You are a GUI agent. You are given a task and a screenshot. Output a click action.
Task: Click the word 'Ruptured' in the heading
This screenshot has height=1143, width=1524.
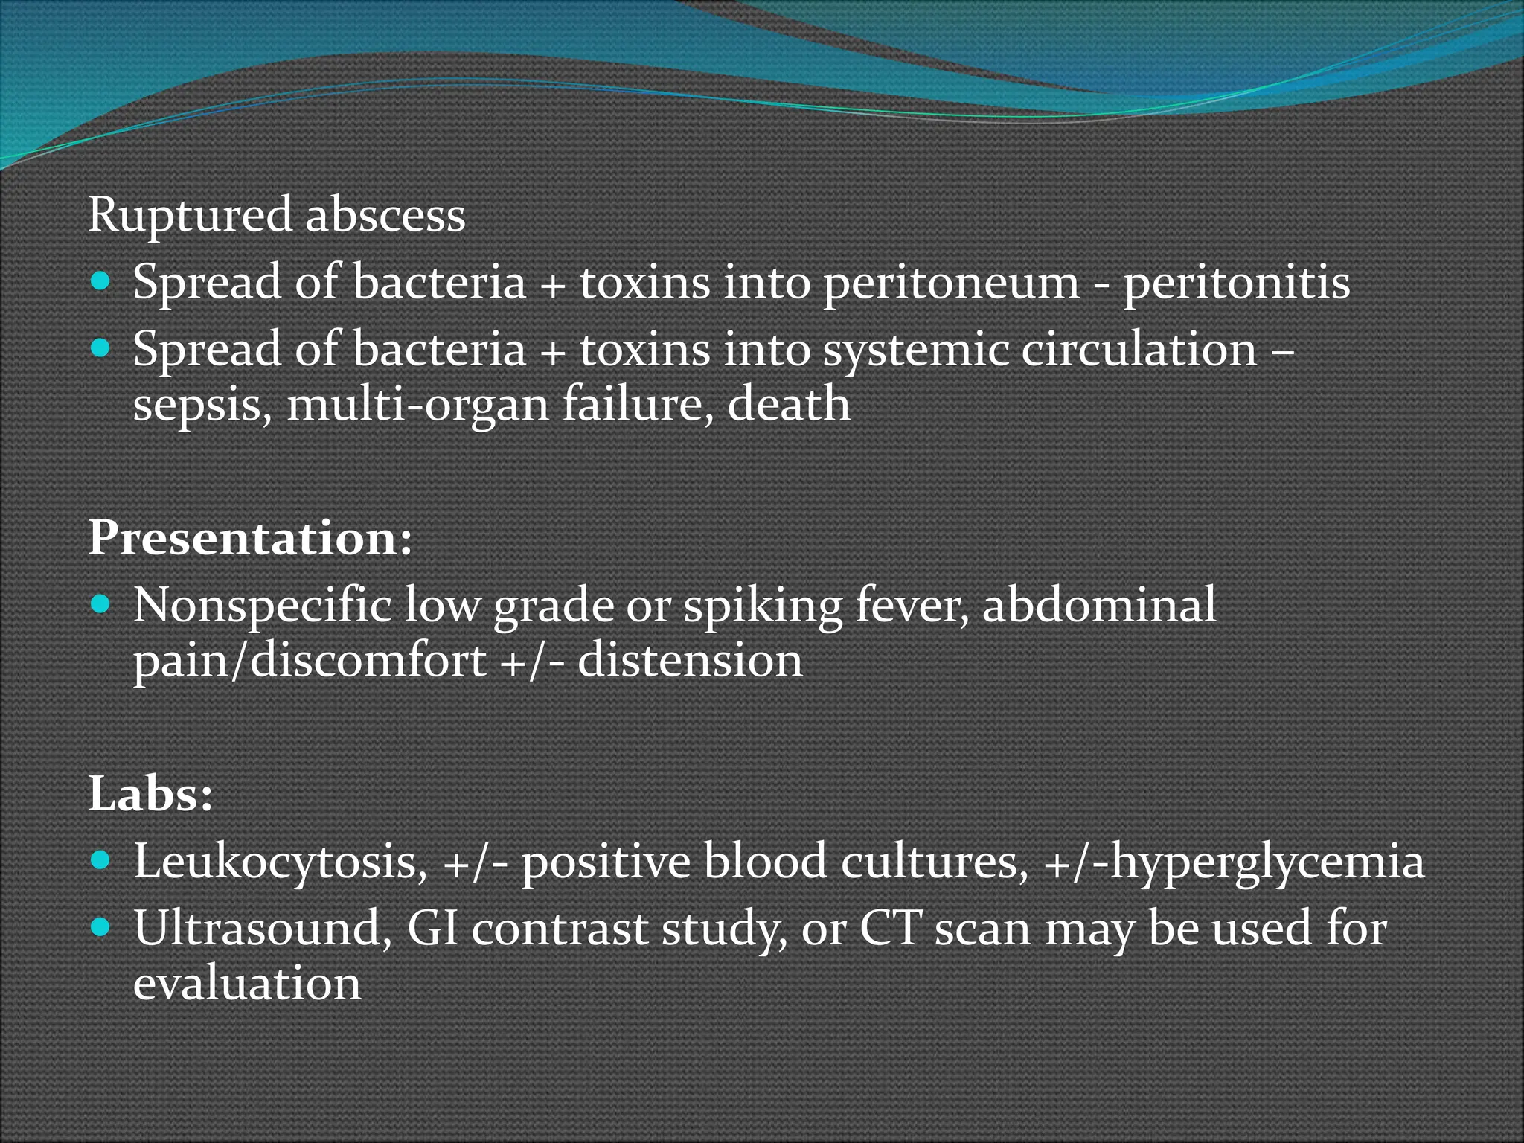pyautogui.click(x=190, y=216)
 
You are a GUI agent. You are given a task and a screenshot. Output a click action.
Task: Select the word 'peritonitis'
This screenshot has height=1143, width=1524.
pyautogui.click(x=1236, y=283)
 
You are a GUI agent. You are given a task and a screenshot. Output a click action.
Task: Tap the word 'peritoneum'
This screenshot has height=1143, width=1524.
pyautogui.click(x=950, y=283)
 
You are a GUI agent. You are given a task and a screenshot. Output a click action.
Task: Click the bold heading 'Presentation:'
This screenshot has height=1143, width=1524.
pyautogui.click(x=250, y=537)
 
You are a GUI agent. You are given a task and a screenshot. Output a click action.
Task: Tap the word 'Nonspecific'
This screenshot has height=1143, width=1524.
pyautogui.click(x=262, y=604)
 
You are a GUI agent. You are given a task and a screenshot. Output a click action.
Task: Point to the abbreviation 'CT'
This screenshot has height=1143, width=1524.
pyautogui.click(x=891, y=929)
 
